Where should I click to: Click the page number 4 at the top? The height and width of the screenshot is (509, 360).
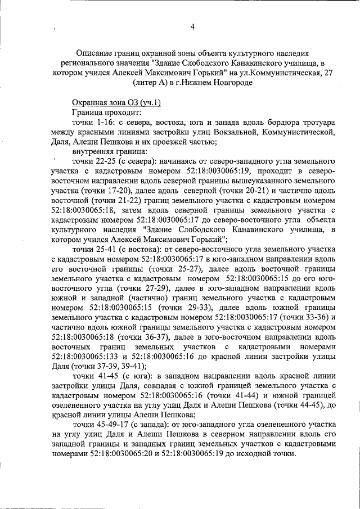pyautogui.click(x=192, y=26)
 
